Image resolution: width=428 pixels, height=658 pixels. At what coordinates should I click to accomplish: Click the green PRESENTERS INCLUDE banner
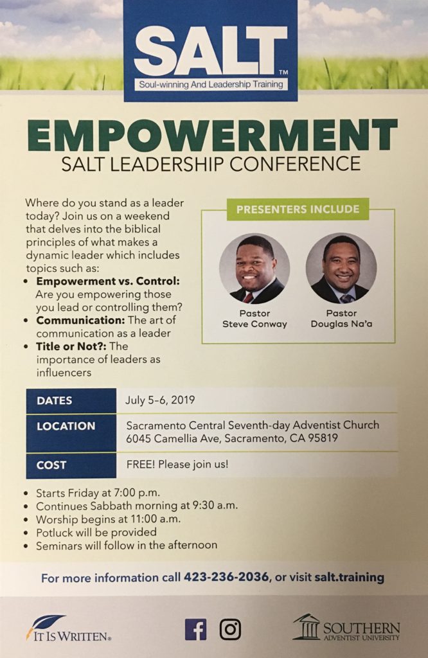[x=298, y=209]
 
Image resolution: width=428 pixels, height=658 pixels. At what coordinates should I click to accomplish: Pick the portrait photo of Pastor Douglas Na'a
[x=341, y=268]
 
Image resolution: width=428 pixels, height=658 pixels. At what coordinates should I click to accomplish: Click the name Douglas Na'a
[x=341, y=324]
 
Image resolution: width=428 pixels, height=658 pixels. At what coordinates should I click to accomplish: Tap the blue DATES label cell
[x=71, y=400]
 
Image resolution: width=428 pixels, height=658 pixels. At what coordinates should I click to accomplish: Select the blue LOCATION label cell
[x=71, y=432]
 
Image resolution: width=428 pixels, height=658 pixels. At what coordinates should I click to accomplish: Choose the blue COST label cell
[x=71, y=465]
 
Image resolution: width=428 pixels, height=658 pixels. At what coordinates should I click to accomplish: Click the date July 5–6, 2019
[x=160, y=400]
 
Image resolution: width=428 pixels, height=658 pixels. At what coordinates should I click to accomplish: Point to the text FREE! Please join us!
[x=177, y=464]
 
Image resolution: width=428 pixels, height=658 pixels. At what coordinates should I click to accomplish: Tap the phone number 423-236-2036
[x=226, y=577]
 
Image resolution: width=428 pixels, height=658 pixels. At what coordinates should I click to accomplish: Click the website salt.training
[x=349, y=577]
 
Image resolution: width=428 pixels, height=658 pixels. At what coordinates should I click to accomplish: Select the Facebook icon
[x=195, y=628]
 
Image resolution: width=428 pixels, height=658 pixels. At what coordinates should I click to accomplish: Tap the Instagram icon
[x=230, y=628]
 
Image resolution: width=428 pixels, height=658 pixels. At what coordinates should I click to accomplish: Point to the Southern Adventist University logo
[x=346, y=628]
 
